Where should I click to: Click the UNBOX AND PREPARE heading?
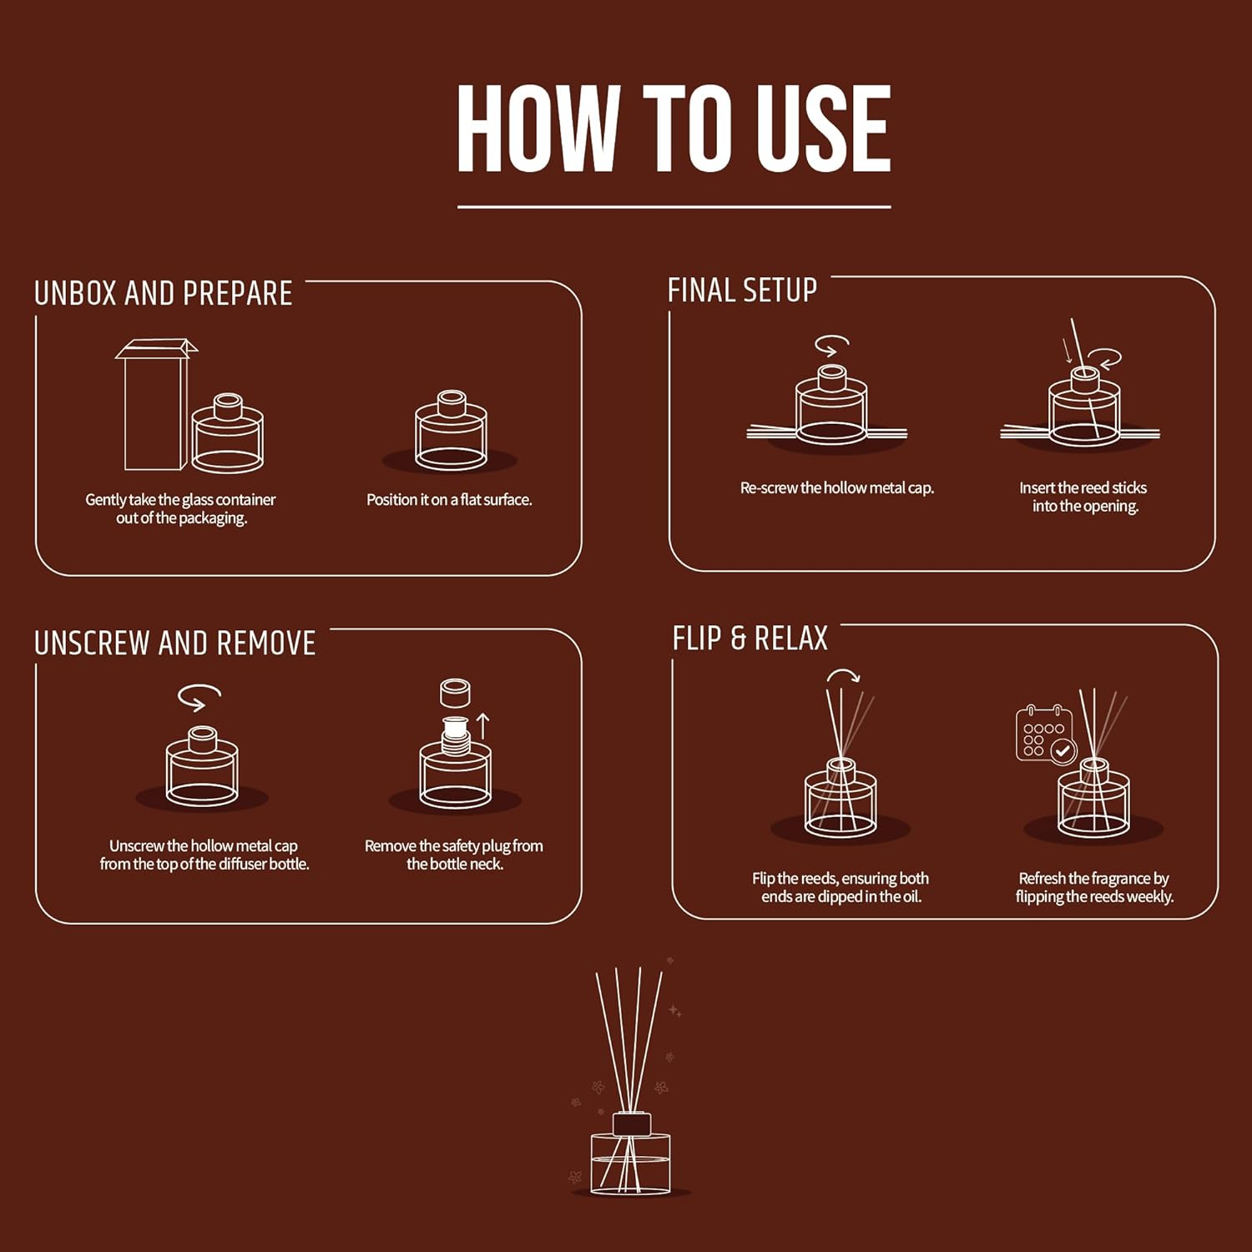tap(164, 294)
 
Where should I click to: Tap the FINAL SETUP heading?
tap(742, 290)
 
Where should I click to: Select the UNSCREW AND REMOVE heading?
tap(175, 644)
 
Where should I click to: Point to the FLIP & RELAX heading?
tap(750, 639)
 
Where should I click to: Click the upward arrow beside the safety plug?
tap(482, 725)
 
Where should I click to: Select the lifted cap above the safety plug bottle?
tap(455, 693)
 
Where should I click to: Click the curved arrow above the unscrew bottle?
tap(199, 697)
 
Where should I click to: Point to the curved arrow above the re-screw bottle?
tap(831, 345)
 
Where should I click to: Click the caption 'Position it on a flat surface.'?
tap(449, 500)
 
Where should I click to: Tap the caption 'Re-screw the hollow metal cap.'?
tap(836, 488)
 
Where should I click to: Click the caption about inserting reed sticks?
tap(1083, 497)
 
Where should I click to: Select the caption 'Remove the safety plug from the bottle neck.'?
tap(454, 855)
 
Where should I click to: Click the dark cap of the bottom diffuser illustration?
tap(631, 1124)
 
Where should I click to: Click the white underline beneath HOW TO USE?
tap(674, 206)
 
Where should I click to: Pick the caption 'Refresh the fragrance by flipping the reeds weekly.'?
tap(1093, 887)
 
